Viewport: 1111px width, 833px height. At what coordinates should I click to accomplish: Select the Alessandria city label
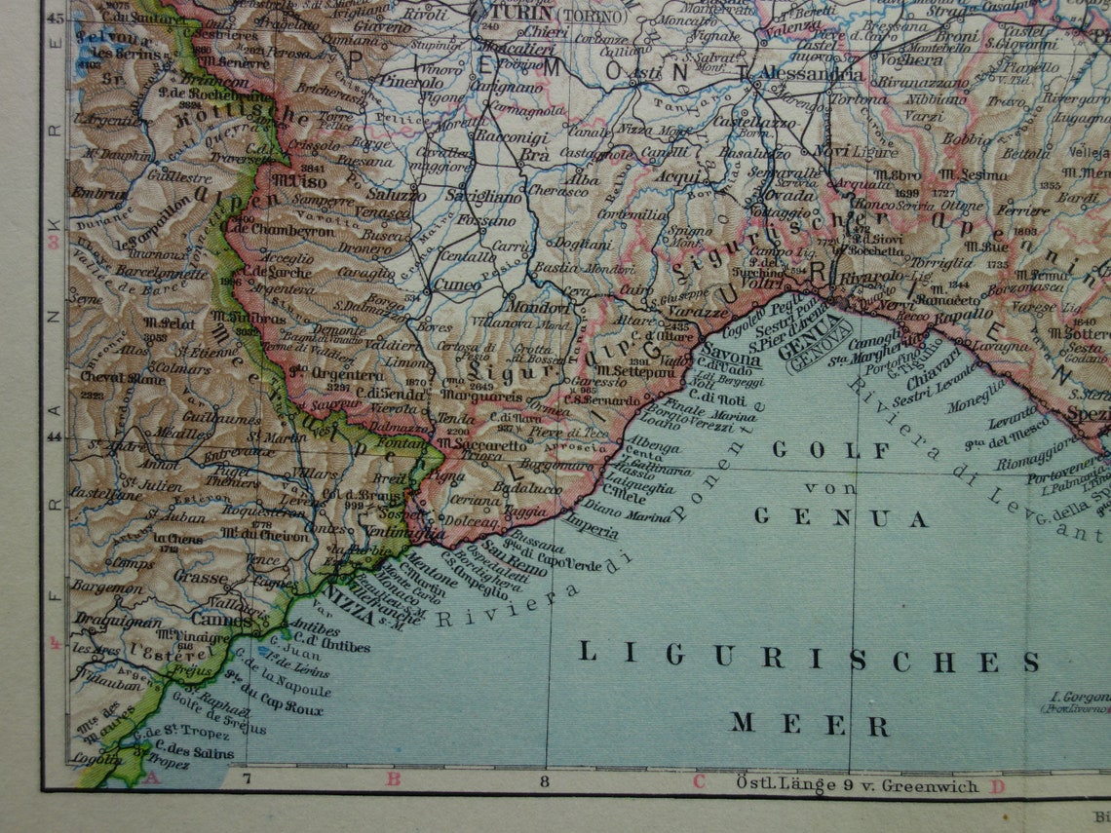point(800,74)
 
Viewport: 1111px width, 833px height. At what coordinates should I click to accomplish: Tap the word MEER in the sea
point(810,724)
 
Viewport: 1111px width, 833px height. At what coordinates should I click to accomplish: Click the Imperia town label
point(589,532)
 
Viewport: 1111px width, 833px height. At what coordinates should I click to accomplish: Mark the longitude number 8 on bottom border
point(544,779)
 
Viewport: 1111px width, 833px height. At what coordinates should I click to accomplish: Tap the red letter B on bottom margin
point(393,779)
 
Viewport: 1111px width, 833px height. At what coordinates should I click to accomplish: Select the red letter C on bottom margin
point(698,781)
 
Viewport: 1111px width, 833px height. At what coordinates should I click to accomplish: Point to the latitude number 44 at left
point(54,437)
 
